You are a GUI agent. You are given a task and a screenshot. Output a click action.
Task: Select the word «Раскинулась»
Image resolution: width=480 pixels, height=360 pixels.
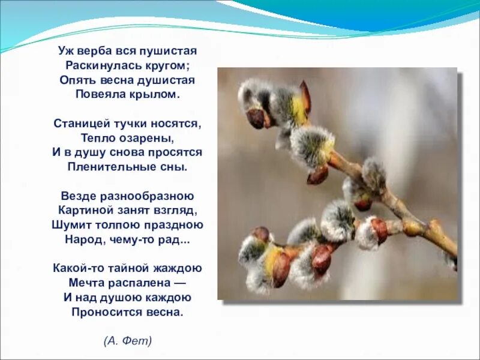(x=100, y=65)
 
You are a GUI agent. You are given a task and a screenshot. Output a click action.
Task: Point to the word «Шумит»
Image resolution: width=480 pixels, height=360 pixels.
(x=68, y=225)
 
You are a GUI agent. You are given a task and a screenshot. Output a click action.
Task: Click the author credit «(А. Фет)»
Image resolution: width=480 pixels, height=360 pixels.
(x=128, y=341)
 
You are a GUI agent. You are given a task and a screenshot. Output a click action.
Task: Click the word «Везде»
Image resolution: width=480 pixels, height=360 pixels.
(x=77, y=196)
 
